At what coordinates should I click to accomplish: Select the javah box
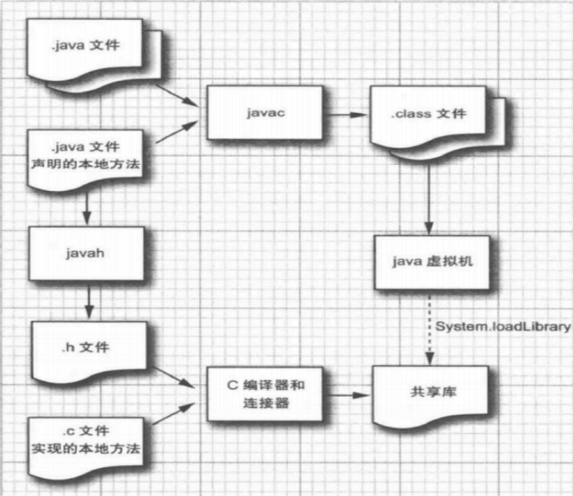tap(85, 253)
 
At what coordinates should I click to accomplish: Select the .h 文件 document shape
tap(85, 349)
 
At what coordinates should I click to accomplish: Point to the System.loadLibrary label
tap(503, 326)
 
